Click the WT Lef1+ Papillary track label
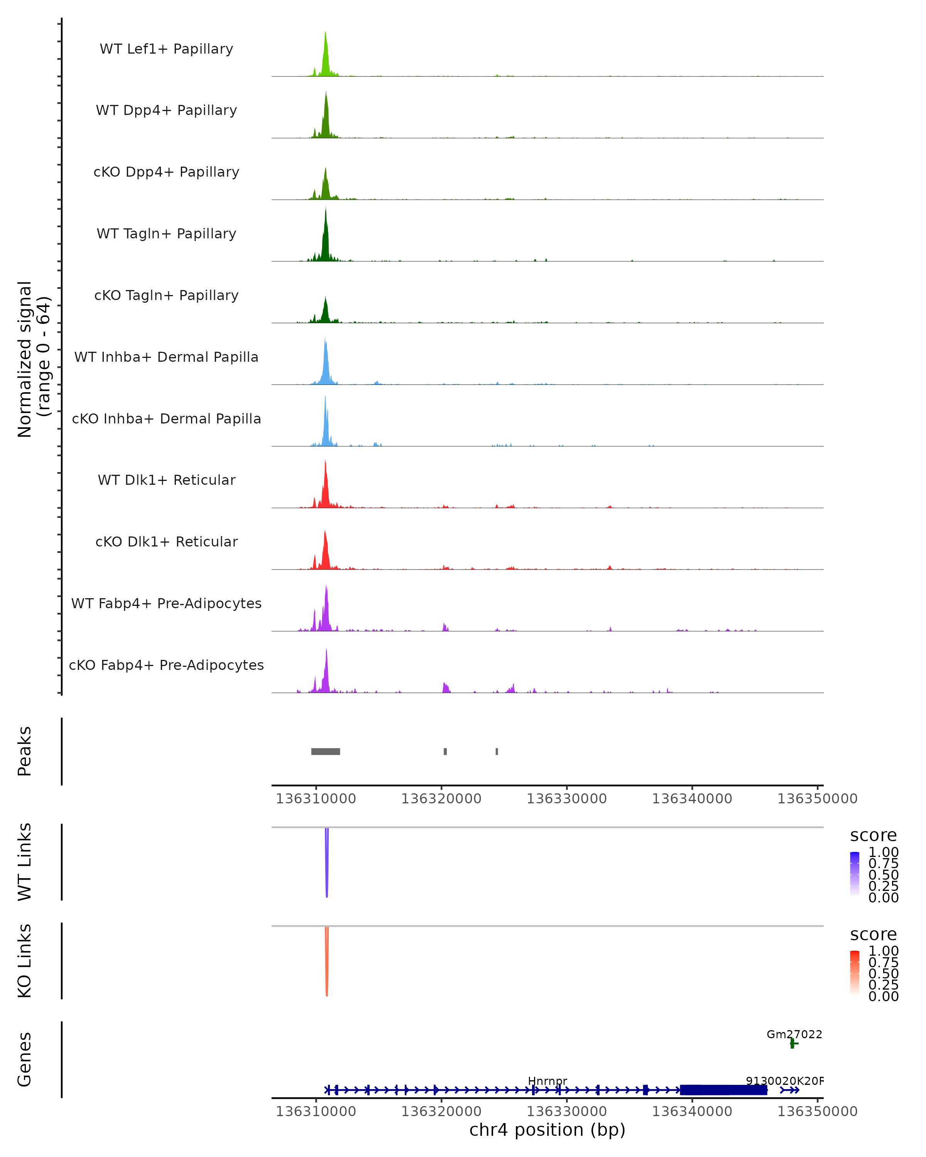click(166, 49)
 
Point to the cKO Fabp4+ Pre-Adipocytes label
click(166, 665)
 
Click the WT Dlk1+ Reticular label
click(166, 480)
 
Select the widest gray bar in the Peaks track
click(325, 751)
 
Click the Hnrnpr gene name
click(547, 1081)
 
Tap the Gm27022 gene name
click(794, 1034)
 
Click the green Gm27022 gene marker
click(793, 1043)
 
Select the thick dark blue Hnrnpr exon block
click(723, 1090)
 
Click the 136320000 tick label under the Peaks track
click(441, 799)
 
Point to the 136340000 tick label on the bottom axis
click(692, 1111)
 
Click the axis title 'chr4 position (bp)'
click(547, 1130)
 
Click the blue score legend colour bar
click(855, 874)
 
